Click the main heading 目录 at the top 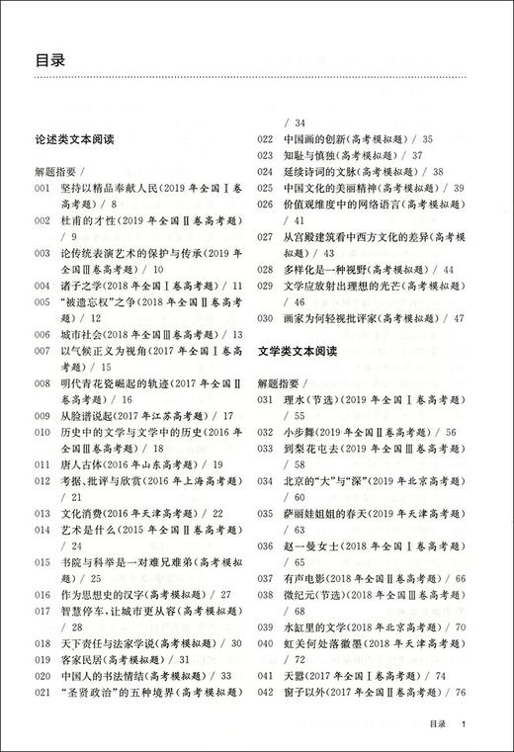point(50,60)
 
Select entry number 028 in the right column point(265,269)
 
